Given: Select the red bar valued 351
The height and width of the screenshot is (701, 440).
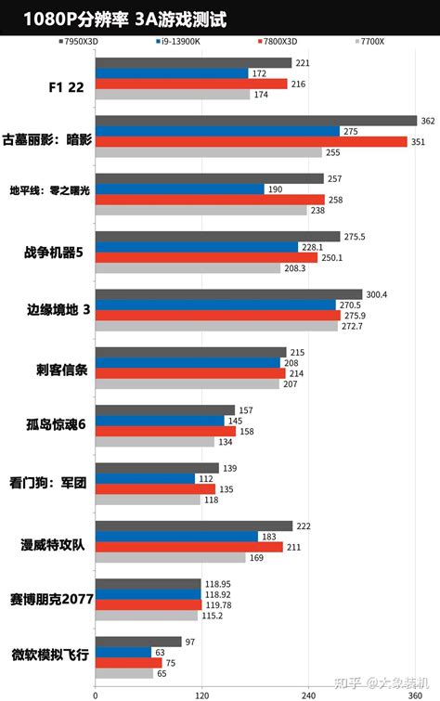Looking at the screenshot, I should point(251,142).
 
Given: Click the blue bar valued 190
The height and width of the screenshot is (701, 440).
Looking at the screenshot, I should point(180,188).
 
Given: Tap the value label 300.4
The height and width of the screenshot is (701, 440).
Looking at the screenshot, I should point(376,294).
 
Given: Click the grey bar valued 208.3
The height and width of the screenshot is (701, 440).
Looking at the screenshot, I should point(188,268).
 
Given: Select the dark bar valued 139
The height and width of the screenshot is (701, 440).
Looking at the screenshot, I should point(157,468).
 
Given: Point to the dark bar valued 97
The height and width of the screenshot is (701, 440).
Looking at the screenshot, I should point(138,641).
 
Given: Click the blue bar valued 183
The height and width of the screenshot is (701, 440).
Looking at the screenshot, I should point(176,537).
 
